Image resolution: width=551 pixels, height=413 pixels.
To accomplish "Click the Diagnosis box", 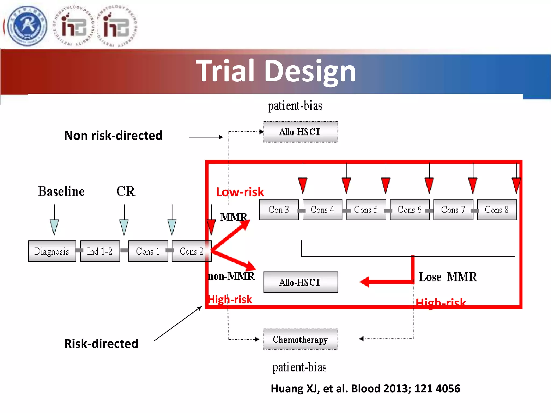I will pyautogui.click(x=52, y=251).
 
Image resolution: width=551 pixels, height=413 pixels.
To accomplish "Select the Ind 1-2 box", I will pyautogui.click(x=100, y=251).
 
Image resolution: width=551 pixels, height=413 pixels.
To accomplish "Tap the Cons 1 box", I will pyautogui.click(x=148, y=251).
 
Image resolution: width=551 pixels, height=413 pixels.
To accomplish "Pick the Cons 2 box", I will pyautogui.click(x=191, y=251).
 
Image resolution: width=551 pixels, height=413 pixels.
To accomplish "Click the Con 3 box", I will pyautogui.click(x=279, y=210).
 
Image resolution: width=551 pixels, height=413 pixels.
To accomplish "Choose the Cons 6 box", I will pyautogui.click(x=409, y=210).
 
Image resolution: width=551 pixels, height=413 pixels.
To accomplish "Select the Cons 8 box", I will pyautogui.click(x=497, y=210).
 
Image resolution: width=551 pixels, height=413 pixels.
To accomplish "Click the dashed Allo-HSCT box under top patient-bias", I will pyautogui.click(x=301, y=132).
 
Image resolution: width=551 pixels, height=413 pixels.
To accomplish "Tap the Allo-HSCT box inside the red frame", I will pyautogui.click(x=301, y=282).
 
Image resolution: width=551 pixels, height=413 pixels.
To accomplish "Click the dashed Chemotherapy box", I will pyautogui.click(x=301, y=339).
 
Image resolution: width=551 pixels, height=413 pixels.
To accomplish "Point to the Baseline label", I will pyautogui.click(x=61, y=191).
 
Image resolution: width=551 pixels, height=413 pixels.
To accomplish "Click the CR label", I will pyautogui.click(x=126, y=191).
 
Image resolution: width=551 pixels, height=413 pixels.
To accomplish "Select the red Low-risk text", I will pyautogui.click(x=240, y=192).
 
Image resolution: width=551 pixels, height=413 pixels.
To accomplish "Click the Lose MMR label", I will pyautogui.click(x=448, y=277).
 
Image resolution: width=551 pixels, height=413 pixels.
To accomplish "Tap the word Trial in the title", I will pyautogui.click(x=225, y=71).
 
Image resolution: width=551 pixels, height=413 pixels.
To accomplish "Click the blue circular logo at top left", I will pyautogui.click(x=27, y=26).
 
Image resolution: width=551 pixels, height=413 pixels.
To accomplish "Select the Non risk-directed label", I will pyautogui.click(x=113, y=136).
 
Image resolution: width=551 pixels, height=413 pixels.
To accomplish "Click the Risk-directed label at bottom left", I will pyautogui.click(x=101, y=344).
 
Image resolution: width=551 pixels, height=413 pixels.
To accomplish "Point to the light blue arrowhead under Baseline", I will pyautogui.click(x=54, y=227).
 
